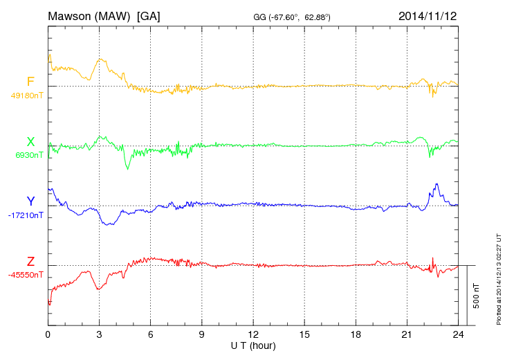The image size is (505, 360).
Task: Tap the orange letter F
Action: click(x=30, y=82)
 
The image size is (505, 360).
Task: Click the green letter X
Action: click(x=30, y=142)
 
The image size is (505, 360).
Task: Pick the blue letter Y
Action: click(x=30, y=201)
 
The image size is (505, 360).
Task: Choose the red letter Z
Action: click(x=30, y=262)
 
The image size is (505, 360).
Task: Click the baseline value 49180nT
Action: click(x=26, y=96)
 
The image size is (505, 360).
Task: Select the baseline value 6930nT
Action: click(x=28, y=155)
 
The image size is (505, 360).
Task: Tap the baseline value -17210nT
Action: click(x=26, y=215)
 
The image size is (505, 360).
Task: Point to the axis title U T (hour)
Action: click(x=254, y=345)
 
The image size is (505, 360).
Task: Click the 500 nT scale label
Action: click(x=476, y=295)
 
